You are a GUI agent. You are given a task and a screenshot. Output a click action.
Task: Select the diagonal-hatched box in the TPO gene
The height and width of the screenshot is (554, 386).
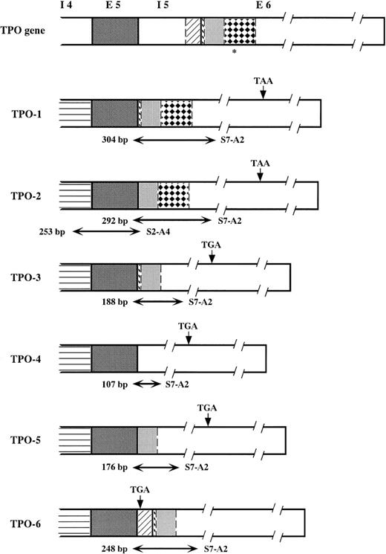coord(192,31)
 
